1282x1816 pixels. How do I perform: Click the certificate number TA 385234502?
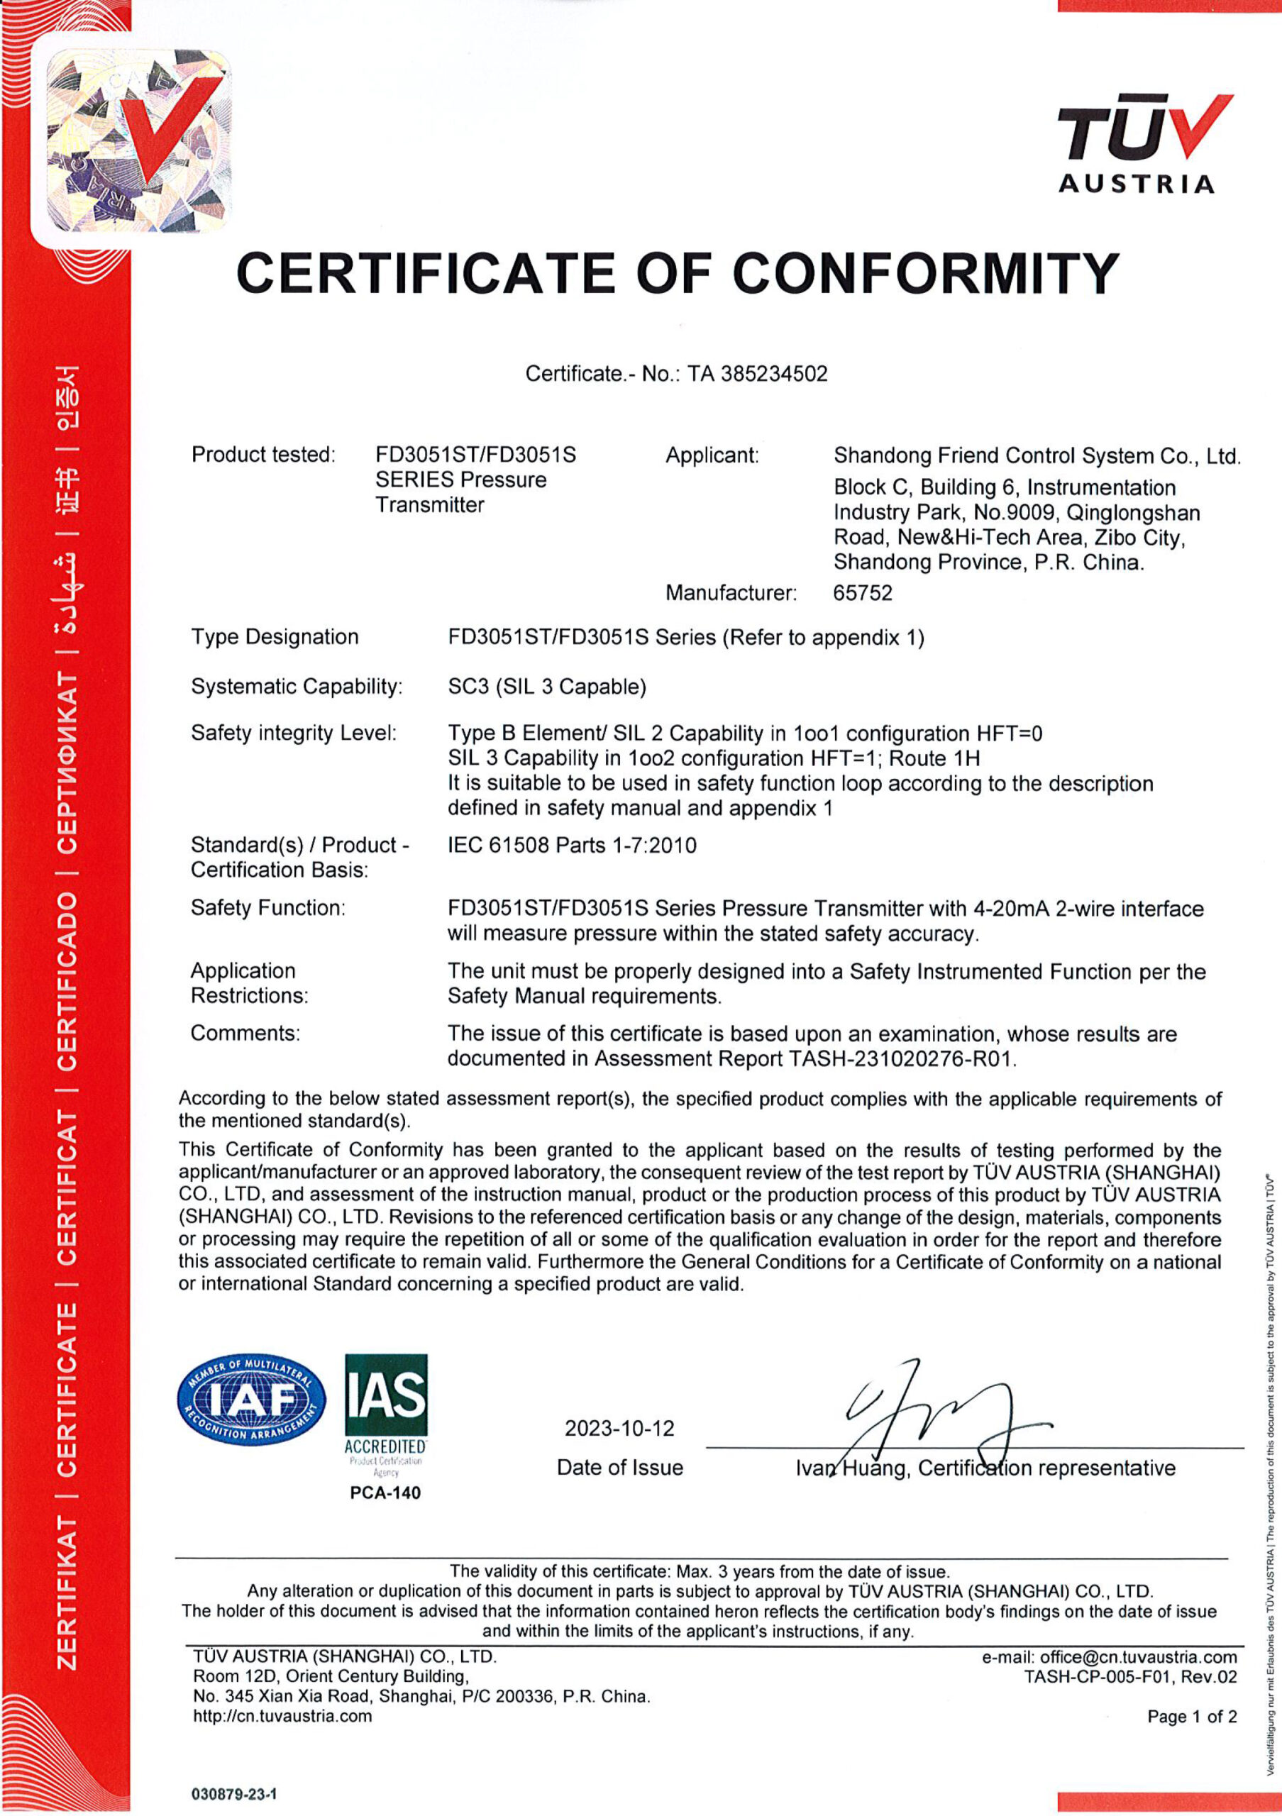pos(757,373)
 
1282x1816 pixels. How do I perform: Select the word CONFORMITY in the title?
pos(924,274)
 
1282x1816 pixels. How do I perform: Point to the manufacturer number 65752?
pos(862,592)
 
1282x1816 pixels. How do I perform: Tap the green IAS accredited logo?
pos(386,1404)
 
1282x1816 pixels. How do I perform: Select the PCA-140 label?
pos(385,1493)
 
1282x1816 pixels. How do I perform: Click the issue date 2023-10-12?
pos(619,1429)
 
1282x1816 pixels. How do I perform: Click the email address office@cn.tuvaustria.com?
pos(1138,1657)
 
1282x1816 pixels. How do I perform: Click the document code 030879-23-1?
pos(234,1794)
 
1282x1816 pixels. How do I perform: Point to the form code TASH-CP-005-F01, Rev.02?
pos(1130,1677)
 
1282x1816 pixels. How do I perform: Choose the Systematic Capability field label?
pos(297,687)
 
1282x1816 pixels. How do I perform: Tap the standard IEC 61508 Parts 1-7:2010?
pos(572,846)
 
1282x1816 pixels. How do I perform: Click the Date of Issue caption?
pos(619,1468)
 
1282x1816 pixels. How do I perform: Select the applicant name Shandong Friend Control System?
pos(1036,455)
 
